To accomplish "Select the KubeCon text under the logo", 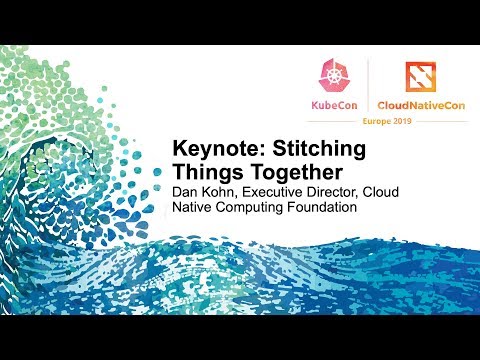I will (x=335, y=103).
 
